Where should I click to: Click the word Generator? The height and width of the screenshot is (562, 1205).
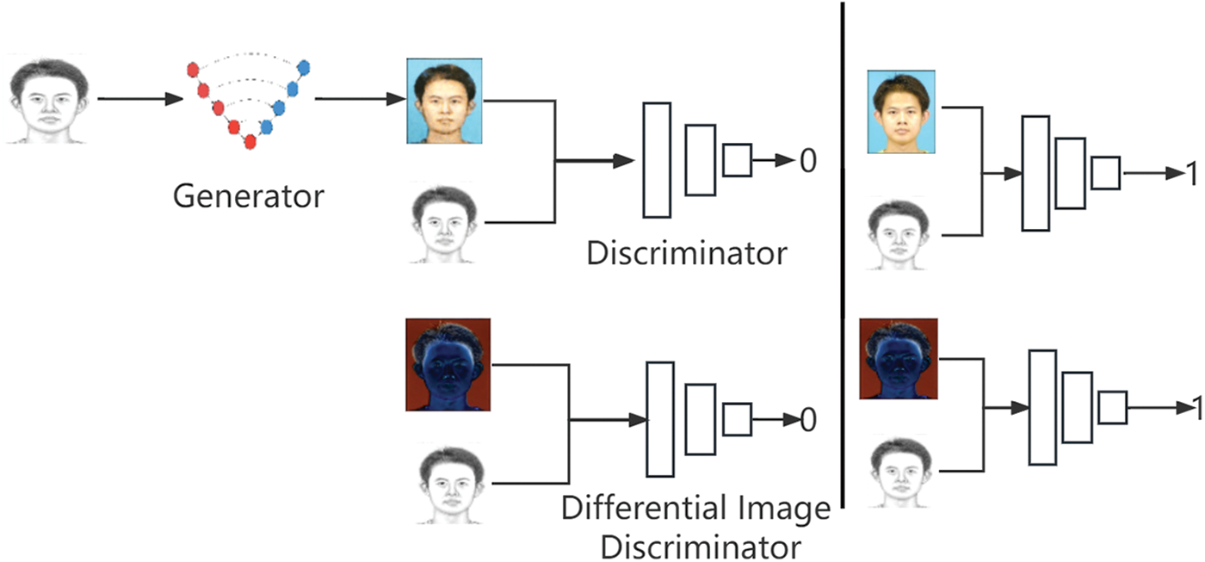pyautogui.click(x=248, y=196)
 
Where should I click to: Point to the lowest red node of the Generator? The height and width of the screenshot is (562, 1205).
pyautogui.click(x=250, y=141)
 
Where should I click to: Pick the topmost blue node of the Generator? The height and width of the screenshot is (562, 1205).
pyautogui.click(x=304, y=67)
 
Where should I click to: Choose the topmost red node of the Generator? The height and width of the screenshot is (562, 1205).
pyautogui.click(x=193, y=68)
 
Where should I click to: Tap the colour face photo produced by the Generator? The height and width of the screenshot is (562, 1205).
pyautogui.click(x=444, y=101)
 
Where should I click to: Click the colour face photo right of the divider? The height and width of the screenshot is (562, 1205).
pyautogui.click(x=901, y=112)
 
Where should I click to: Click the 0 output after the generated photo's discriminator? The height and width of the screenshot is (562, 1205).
pyautogui.click(x=807, y=160)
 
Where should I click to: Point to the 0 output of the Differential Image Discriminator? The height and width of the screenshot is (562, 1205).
pyautogui.click(x=807, y=420)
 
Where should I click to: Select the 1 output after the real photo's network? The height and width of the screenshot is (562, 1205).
pyautogui.click(x=1192, y=174)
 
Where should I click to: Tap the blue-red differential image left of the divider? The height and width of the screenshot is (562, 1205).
pyautogui.click(x=448, y=364)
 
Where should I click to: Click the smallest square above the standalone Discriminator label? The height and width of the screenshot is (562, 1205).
pyautogui.click(x=737, y=160)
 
